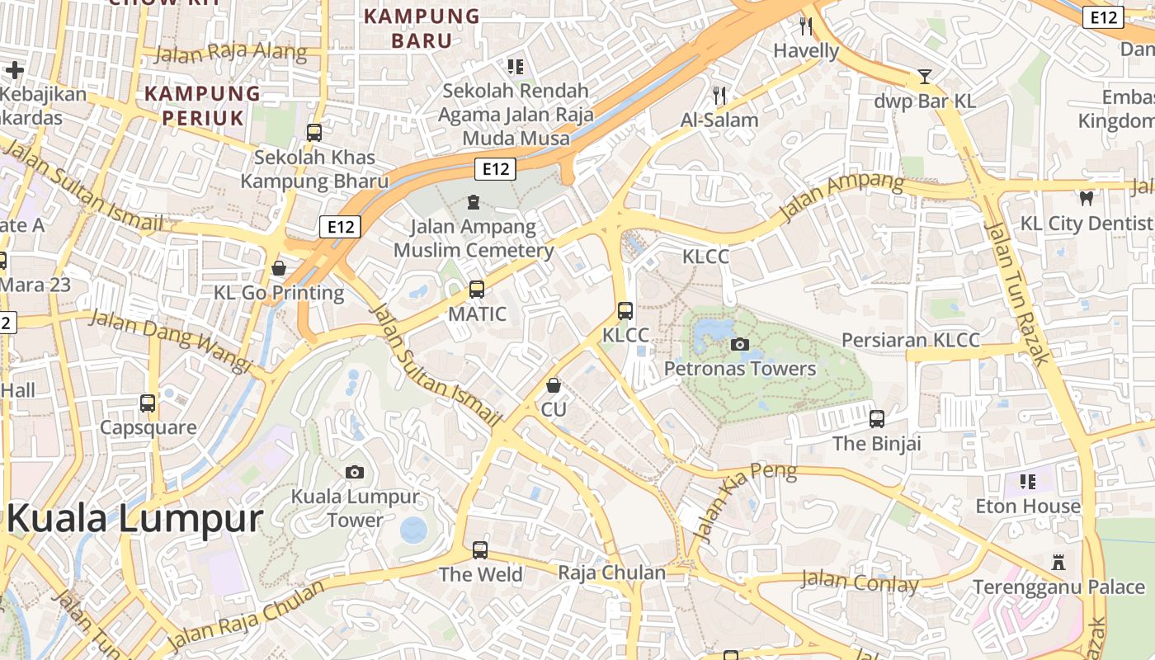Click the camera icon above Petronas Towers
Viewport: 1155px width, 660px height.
pos(740,344)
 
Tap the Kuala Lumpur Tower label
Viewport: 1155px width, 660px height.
pos(355,508)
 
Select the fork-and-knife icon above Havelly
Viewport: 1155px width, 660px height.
pos(806,26)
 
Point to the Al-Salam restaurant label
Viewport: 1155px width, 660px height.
pos(719,120)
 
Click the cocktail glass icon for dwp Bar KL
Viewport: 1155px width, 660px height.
pos(925,78)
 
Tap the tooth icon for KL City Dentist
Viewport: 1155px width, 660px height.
pos(1087,198)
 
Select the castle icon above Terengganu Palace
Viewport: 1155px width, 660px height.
pos(1058,563)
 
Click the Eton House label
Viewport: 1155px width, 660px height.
pos(1027,506)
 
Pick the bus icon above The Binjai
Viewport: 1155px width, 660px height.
pos(876,418)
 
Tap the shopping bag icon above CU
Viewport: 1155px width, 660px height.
pos(554,385)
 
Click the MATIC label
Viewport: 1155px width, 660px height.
pos(477,314)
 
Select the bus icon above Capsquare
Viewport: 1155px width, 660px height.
pos(148,403)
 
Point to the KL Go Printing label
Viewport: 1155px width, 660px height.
pos(279,293)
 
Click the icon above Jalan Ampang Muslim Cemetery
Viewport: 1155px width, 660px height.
pos(474,201)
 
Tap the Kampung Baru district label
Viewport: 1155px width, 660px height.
pos(422,28)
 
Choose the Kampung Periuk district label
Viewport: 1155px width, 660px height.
pos(203,106)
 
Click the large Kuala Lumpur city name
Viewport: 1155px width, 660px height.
pos(134,520)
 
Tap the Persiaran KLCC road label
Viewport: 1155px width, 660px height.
pos(910,340)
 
